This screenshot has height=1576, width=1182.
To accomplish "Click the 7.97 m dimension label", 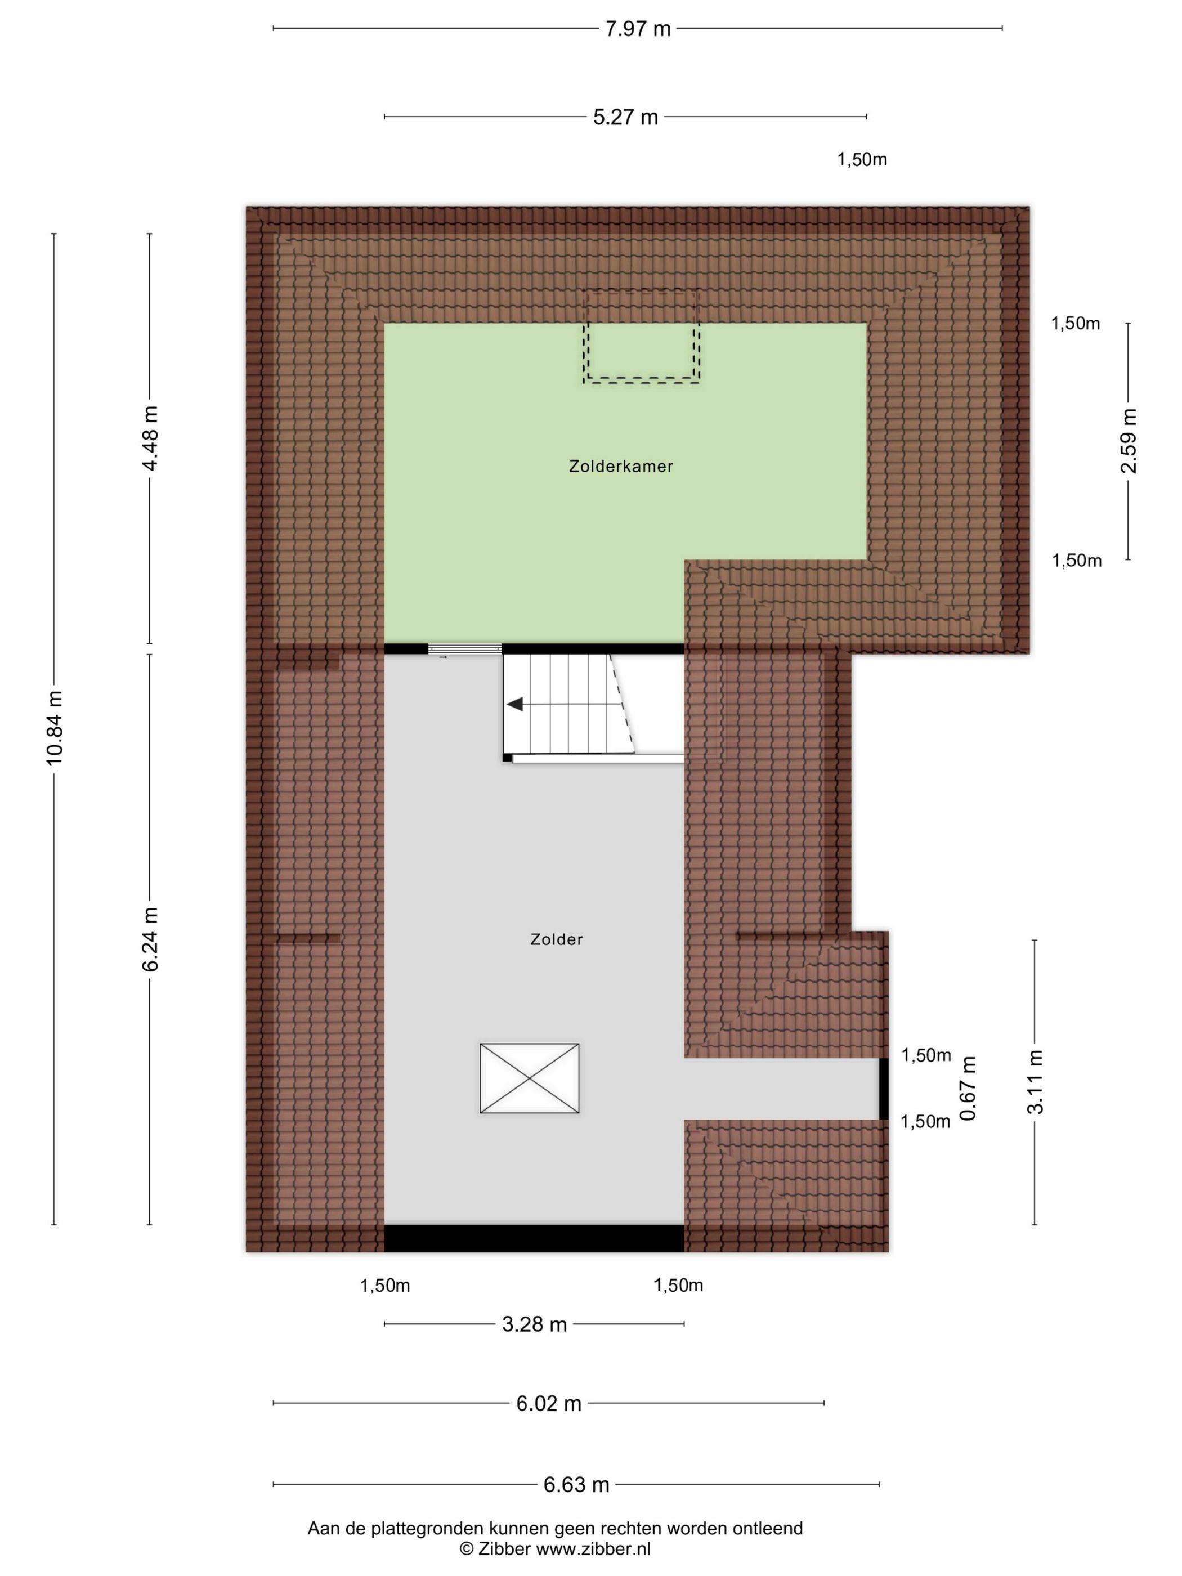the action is point(638,29).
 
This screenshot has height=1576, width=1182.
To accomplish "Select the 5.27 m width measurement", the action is point(625,117).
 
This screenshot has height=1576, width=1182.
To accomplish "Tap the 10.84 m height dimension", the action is point(55,727).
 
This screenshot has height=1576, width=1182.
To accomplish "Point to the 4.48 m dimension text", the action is point(150,438).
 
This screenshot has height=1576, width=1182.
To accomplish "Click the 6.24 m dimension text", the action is point(150,939).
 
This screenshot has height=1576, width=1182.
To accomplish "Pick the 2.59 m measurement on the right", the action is point(1129,441).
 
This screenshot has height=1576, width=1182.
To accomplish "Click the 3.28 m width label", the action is point(534,1324).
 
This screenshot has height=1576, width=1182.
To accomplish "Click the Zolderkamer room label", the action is point(621,467).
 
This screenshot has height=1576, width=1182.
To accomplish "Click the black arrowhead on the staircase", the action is point(514,704).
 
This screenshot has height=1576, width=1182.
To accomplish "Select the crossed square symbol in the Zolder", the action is point(530,1078).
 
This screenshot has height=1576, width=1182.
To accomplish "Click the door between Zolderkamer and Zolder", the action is point(464,649).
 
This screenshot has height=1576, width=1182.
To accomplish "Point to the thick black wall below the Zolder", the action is point(534,1238).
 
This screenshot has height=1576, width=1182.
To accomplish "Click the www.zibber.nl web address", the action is point(593,1549).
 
